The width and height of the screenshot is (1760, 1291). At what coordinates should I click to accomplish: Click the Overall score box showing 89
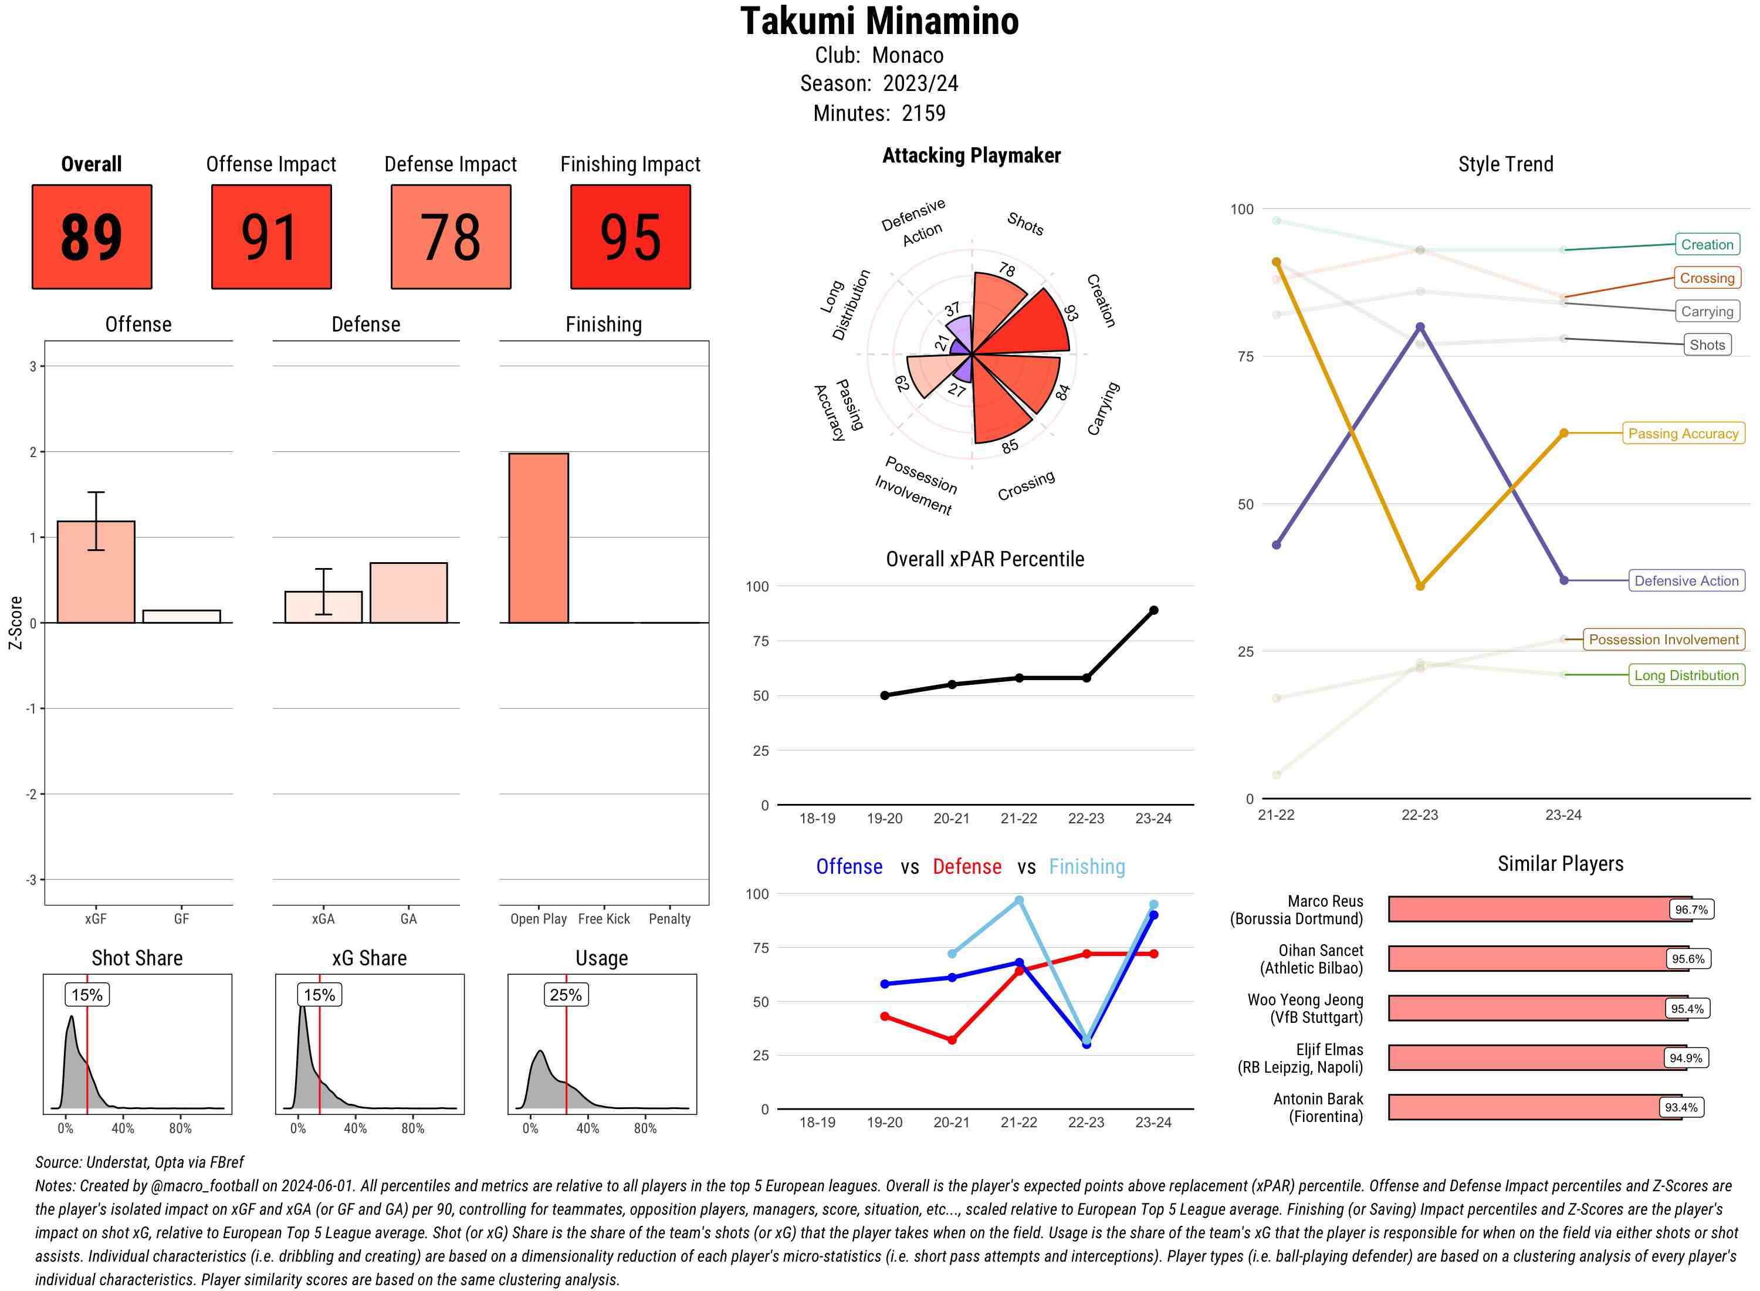pos(92,237)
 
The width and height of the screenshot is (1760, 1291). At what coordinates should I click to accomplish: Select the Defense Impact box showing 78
pos(451,237)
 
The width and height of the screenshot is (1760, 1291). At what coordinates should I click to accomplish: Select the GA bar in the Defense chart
pos(408,592)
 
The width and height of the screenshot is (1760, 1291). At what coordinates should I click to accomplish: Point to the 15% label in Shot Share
pos(87,995)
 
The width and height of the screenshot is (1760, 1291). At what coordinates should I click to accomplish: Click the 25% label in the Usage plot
pos(566,995)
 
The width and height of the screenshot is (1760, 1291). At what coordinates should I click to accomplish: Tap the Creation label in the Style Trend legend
pos(1706,245)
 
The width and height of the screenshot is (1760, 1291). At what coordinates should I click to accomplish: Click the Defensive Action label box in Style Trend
pos(1686,580)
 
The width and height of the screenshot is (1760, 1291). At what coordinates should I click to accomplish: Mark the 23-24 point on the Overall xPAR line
pos(1153,610)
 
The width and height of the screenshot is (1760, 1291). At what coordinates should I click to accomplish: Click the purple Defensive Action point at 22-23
pos(1419,327)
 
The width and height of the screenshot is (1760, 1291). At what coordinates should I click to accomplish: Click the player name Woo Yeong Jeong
pos(1305,999)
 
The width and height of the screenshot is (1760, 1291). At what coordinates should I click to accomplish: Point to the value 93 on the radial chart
pos(1070,313)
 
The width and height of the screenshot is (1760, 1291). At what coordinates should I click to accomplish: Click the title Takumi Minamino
pos(879,21)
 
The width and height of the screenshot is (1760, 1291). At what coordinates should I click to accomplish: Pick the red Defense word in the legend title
pos(966,867)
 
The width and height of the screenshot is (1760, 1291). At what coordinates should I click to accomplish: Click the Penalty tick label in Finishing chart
pos(669,919)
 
